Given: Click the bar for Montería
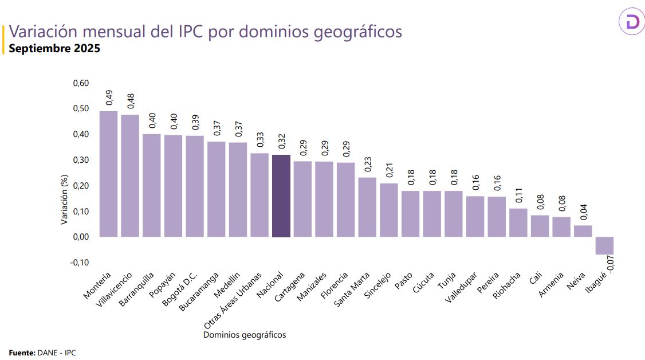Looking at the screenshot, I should [108, 174].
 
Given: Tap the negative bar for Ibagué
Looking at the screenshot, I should [604, 245].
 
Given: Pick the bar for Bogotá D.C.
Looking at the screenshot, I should [195, 186].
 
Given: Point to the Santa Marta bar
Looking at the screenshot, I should [367, 207].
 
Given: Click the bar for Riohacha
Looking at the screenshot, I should [518, 222].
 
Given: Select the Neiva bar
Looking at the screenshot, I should [583, 231].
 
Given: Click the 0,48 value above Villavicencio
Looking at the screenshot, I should [131, 101].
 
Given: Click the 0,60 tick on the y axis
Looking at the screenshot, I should [81, 84].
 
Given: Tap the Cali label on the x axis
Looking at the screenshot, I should [535, 279].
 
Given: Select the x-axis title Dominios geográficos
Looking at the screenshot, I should [245, 335].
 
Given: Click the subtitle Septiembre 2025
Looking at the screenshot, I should [54, 49].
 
